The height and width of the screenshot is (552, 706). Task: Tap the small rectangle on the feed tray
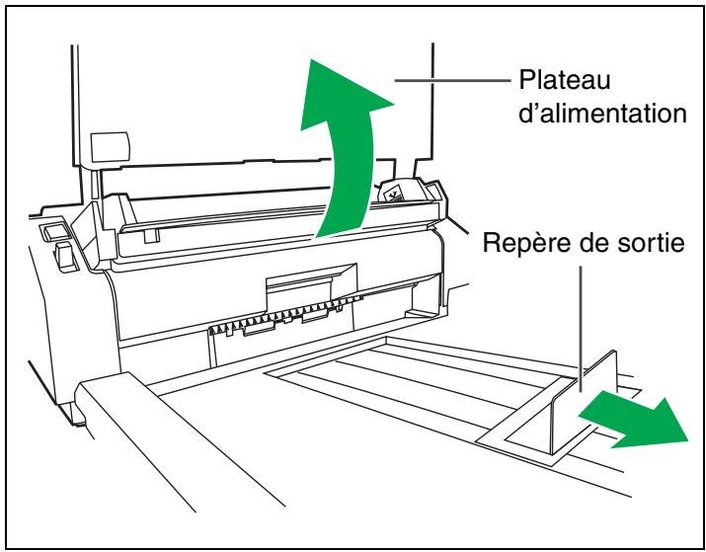coord(107,148)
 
